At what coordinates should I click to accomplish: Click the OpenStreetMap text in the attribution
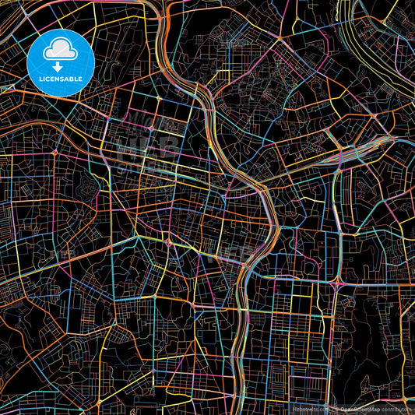click(359, 408)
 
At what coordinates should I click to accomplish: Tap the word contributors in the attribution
click(396, 408)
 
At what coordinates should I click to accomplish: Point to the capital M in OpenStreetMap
click(371, 408)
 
